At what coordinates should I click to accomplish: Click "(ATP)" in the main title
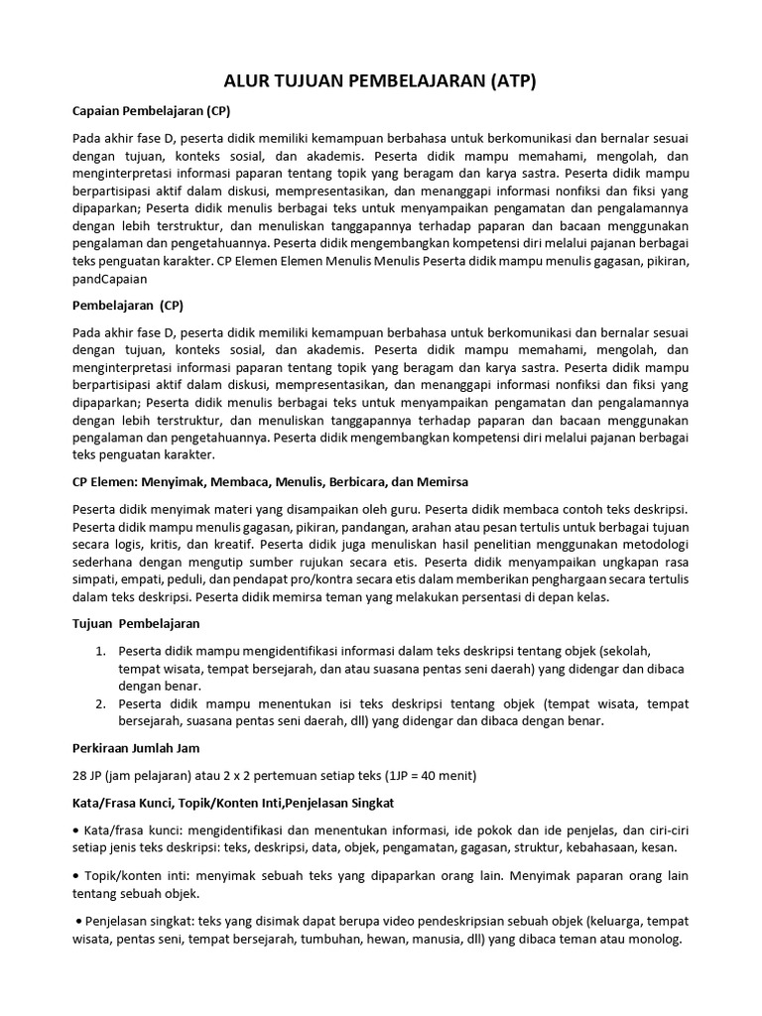[x=504, y=82]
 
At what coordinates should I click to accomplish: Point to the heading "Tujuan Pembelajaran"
[x=136, y=623]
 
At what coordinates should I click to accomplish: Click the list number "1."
[x=100, y=651]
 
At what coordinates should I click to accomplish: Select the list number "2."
[x=100, y=703]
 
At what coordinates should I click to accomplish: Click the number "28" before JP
[x=81, y=776]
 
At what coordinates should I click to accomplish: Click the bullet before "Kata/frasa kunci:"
[x=76, y=829]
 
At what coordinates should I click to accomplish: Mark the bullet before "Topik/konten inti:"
[x=76, y=876]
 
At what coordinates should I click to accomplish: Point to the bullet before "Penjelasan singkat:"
[x=78, y=922]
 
